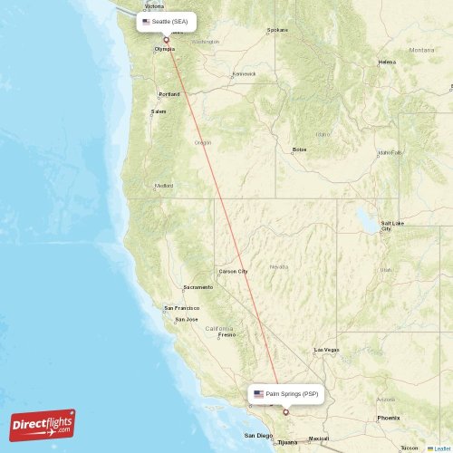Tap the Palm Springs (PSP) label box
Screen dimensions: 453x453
tap(284, 394)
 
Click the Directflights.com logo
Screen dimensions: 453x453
tap(43, 424)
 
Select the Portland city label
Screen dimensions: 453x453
tap(169, 93)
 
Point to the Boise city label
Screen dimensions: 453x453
tap(298, 149)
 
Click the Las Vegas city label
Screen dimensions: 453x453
tap(326, 350)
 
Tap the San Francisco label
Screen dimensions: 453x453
tap(180, 307)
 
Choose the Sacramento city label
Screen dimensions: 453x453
tap(198, 287)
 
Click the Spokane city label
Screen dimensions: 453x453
tap(277, 30)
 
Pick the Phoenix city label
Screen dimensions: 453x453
tap(389, 418)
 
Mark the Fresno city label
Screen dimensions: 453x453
tap(226, 334)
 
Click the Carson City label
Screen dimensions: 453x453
tap(233, 271)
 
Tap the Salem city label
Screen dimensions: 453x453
tap(159, 111)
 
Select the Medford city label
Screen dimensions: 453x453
tap(164, 186)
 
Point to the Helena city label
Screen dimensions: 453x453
tap(387, 63)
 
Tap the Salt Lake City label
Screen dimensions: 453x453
tap(391, 226)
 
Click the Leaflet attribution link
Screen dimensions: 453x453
tap(439, 448)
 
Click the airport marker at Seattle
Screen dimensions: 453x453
tap(166, 40)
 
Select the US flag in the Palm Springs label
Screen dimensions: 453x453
tap(259, 394)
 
